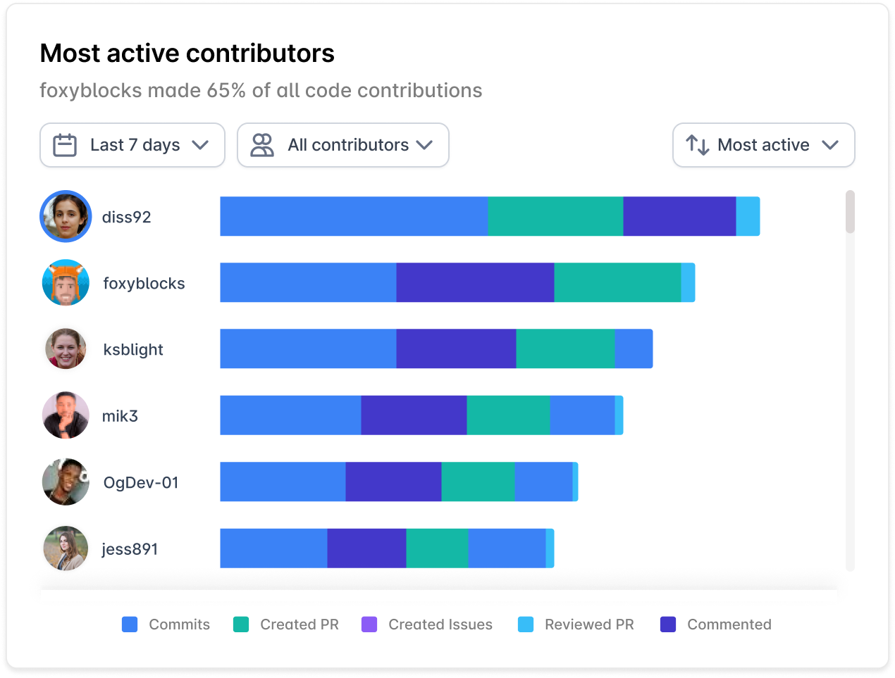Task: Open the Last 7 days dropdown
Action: [x=132, y=145]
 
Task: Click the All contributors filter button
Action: [x=343, y=145]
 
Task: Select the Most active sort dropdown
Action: [x=764, y=145]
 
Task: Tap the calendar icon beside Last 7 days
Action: [x=65, y=145]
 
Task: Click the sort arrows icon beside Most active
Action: [x=697, y=145]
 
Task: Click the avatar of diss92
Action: [x=66, y=216]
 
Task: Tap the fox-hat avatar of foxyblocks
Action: [x=66, y=283]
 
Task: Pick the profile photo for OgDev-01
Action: [x=66, y=482]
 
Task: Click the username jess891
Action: [x=130, y=549]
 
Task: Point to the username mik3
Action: [x=120, y=416]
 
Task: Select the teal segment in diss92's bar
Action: [x=555, y=216]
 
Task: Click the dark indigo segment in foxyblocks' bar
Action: [x=475, y=282]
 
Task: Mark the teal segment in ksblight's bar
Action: [x=565, y=349]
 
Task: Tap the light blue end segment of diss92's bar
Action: [x=748, y=216]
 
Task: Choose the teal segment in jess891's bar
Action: [x=437, y=548]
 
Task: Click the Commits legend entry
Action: [x=166, y=624]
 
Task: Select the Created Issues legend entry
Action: [x=427, y=624]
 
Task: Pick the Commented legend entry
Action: [x=716, y=624]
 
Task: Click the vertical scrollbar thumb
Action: [x=850, y=211]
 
